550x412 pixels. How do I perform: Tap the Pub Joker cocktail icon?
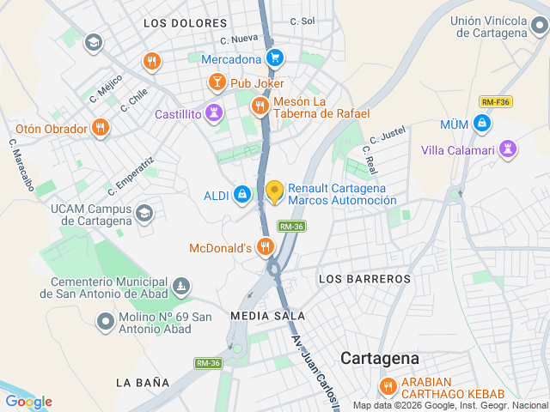click(x=217, y=82)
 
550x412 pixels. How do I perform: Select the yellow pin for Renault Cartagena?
click(x=275, y=192)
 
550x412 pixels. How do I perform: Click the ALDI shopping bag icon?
click(x=243, y=195)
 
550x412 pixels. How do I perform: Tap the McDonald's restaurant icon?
click(x=265, y=248)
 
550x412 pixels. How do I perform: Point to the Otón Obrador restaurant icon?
click(x=101, y=129)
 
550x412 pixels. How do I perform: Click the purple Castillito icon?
click(x=214, y=112)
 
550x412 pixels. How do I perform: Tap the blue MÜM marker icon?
click(x=484, y=124)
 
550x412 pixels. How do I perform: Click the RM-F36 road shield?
click(x=496, y=101)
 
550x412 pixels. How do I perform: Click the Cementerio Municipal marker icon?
click(x=181, y=286)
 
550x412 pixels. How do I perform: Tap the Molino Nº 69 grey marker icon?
click(x=106, y=322)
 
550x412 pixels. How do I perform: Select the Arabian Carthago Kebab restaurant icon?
click(x=388, y=386)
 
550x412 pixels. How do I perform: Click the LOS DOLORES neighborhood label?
click(x=186, y=23)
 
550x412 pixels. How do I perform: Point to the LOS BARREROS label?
click(x=364, y=279)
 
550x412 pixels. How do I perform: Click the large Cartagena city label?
click(x=379, y=358)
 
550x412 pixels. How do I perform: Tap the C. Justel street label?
click(x=387, y=135)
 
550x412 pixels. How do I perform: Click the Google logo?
click(x=29, y=401)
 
